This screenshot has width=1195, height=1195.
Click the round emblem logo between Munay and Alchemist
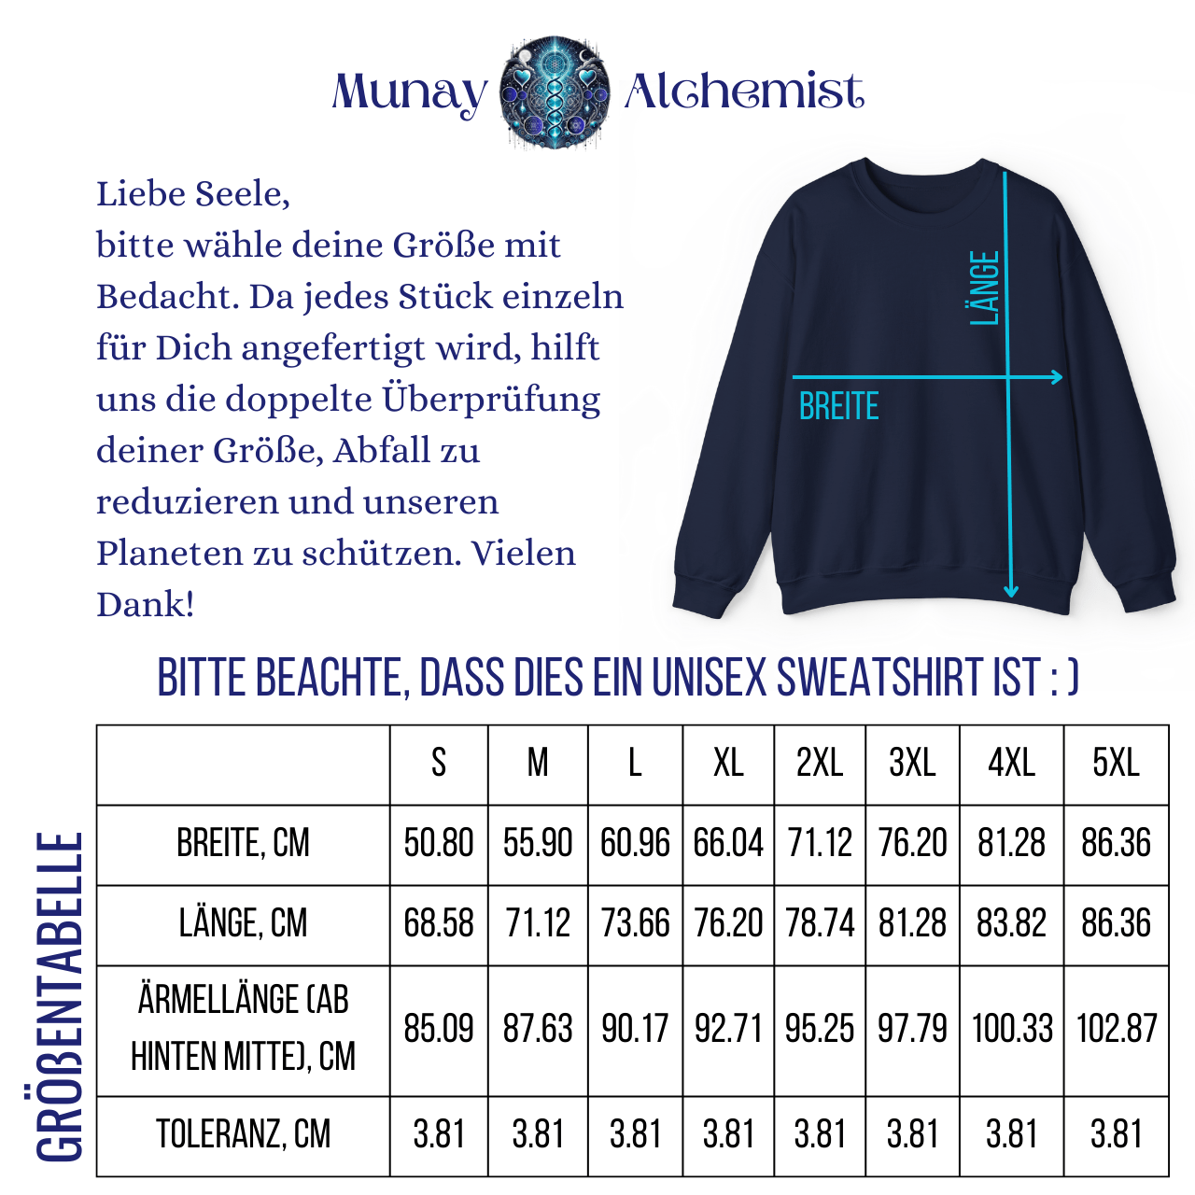coord(555,91)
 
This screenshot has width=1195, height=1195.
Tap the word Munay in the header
coord(409,93)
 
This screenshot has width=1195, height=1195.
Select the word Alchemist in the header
coord(743,91)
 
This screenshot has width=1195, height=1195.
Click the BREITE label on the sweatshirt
coord(839,407)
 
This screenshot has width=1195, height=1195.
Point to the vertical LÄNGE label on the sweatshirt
coord(985,288)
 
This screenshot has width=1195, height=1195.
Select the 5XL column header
coord(1116,764)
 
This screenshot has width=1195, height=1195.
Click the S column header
coord(439,764)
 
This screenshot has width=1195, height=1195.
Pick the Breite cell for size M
coord(538,843)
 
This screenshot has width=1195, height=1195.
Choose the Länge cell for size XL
coord(728,923)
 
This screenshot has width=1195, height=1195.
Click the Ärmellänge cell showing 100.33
coord(1012,1029)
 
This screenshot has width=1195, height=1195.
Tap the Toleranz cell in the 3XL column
coord(912,1134)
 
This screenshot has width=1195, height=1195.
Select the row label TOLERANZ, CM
coord(244,1134)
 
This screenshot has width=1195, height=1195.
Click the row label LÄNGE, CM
coord(244,923)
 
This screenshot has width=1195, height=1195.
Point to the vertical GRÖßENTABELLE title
coord(60,997)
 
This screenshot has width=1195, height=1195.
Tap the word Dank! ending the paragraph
coord(146,604)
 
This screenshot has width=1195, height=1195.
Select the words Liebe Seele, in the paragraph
coord(193,194)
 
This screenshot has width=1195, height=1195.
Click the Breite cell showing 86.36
coord(1116,843)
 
